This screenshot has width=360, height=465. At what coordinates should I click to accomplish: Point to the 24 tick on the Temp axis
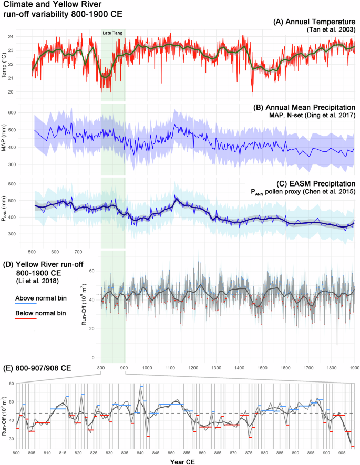26,37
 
